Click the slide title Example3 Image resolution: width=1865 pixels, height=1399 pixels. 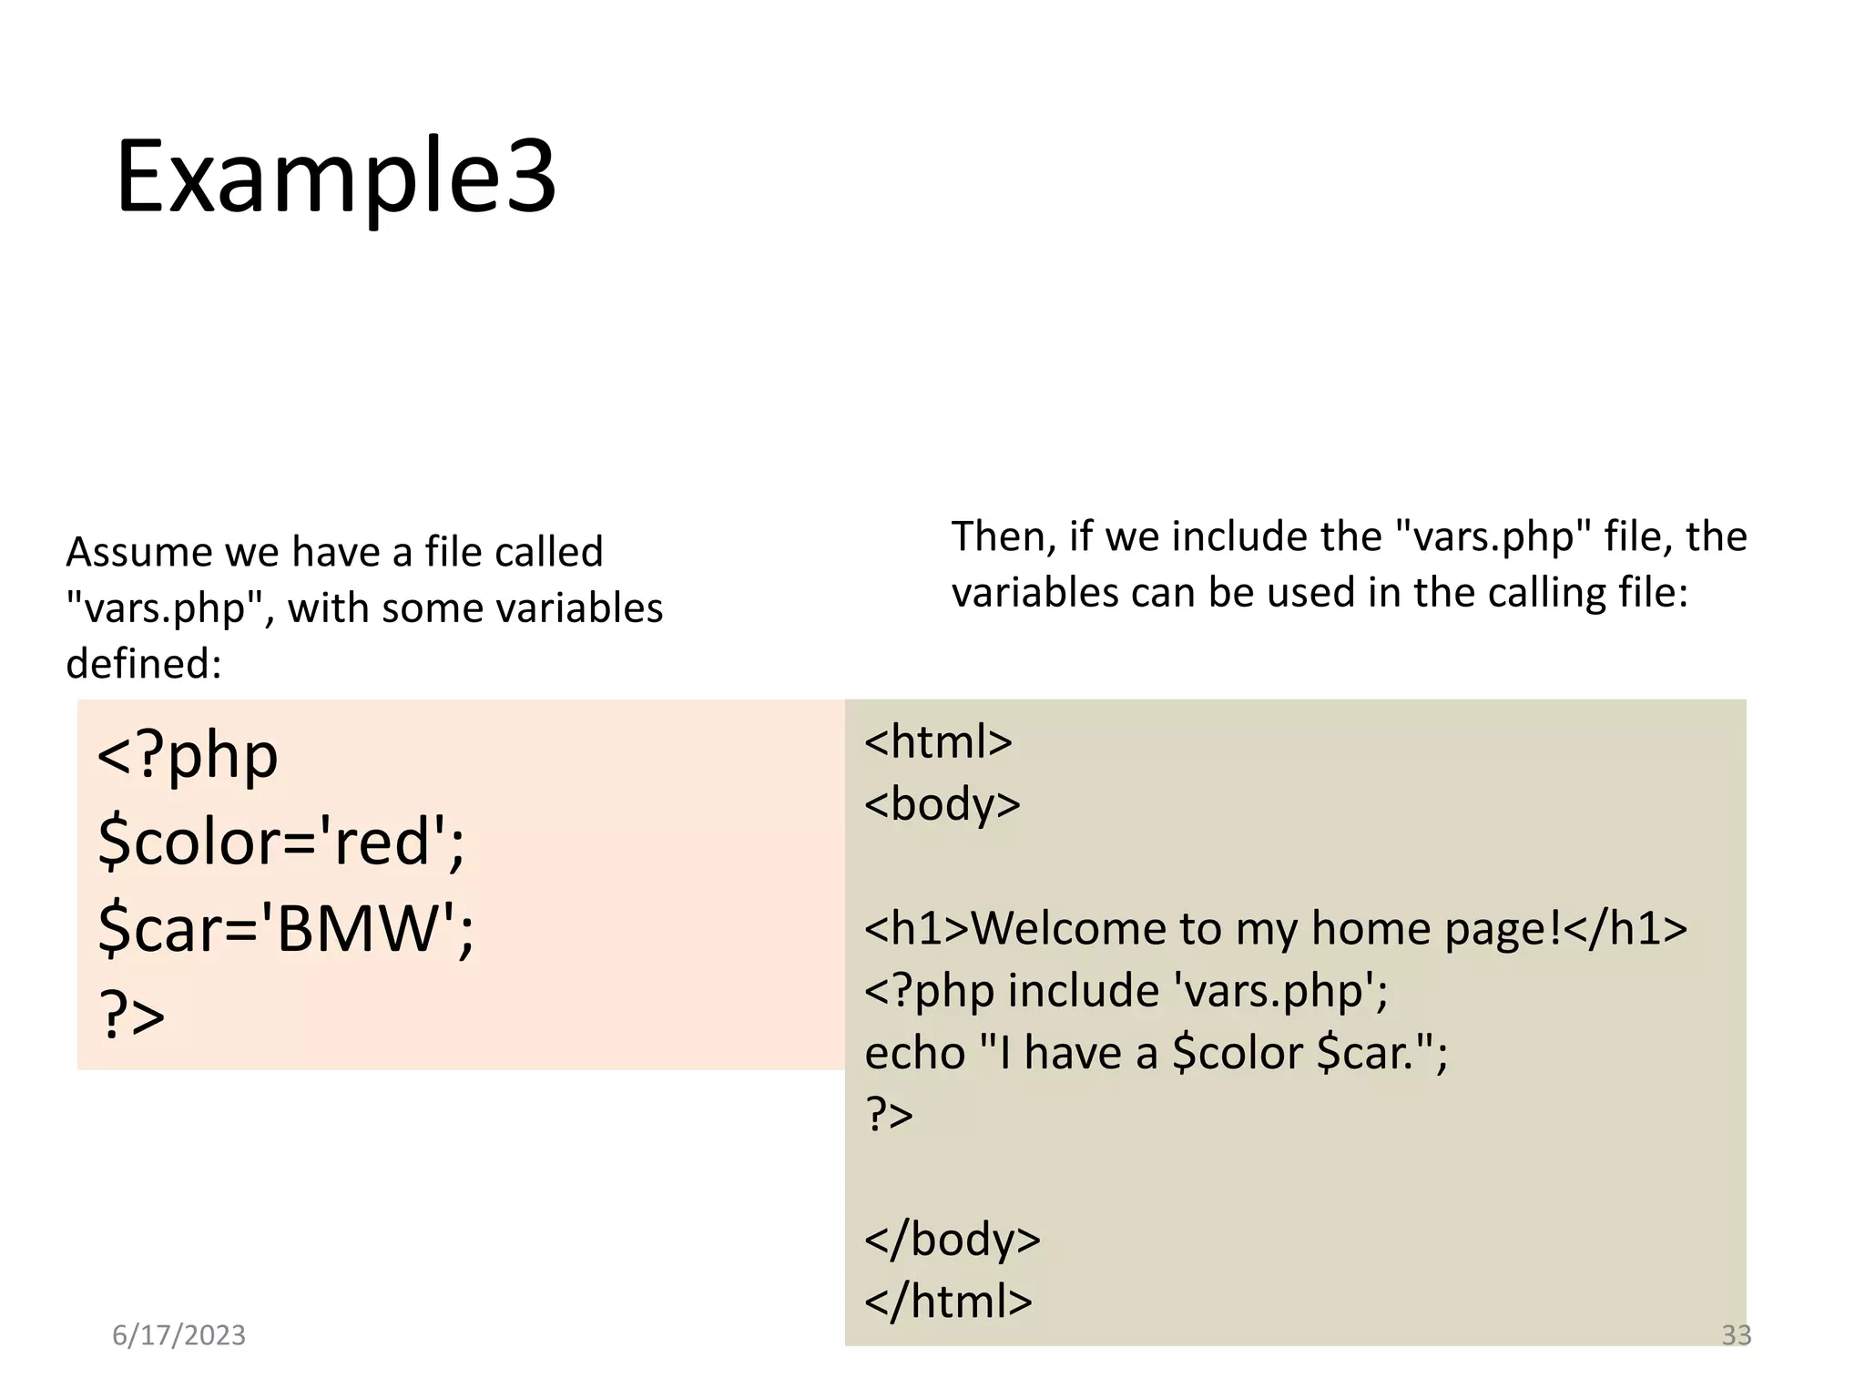[335, 176]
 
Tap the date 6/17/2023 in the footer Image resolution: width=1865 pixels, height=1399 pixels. [178, 1335]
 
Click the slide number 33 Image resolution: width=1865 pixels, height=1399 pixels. [1736, 1335]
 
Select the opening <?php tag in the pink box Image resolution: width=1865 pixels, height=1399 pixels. [188, 755]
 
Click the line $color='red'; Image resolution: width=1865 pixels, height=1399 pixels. [281, 841]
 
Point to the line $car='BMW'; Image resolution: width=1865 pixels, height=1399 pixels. [286, 928]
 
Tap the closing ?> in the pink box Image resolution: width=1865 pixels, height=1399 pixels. [132, 1015]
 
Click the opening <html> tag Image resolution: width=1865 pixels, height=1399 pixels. [938, 741]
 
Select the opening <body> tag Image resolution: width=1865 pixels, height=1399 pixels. [943, 804]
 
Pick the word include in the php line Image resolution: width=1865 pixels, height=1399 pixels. [1083, 991]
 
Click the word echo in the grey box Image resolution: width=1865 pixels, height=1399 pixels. [914, 1054]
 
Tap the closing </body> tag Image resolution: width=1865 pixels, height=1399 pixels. [953, 1240]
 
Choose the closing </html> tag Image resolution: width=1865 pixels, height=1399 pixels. [948, 1302]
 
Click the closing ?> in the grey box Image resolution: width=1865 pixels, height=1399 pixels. [889, 1114]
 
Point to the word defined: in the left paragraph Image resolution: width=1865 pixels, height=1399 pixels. [144, 664]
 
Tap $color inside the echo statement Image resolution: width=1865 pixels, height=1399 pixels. [1238, 1054]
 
